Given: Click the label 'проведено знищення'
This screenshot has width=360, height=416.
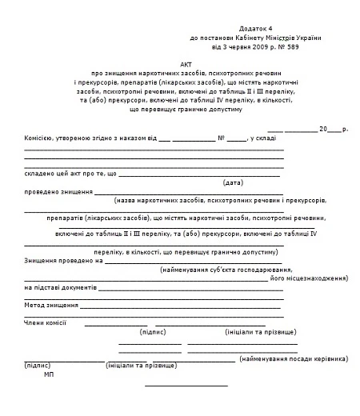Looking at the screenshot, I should tap(58, 193).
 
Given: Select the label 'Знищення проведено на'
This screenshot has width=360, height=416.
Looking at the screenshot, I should tap(64, 261).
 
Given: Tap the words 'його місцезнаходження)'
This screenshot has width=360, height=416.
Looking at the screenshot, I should tap(307, 280).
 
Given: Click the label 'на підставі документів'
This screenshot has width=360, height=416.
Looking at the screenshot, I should tap(61, 287).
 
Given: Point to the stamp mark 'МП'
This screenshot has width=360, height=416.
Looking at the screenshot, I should tap(49, 374).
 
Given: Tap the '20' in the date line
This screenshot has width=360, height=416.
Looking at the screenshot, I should tap(322, 129).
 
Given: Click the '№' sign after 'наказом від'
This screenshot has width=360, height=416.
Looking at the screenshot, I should tap(221, 138).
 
